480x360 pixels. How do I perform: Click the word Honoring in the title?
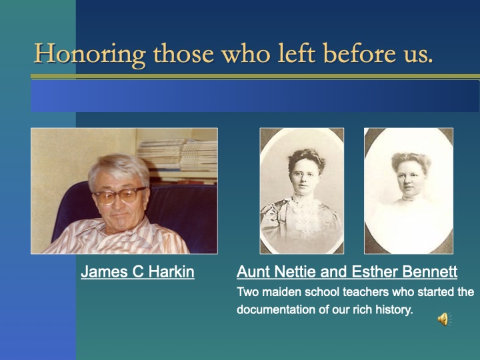tap(89, 53)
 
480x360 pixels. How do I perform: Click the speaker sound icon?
tap(443, 319)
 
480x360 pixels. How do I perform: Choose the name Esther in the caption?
tap(376, 272)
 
